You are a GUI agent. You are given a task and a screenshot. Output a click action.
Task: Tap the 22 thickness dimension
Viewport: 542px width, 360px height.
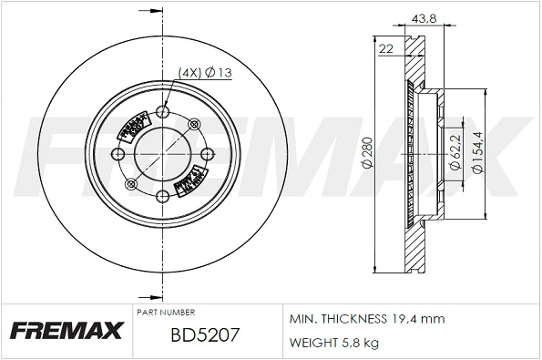point(385,50)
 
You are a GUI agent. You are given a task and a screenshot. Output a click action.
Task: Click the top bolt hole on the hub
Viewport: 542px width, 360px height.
point(164,112)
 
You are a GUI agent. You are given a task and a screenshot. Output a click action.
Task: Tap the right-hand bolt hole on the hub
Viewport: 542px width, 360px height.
point(207,153)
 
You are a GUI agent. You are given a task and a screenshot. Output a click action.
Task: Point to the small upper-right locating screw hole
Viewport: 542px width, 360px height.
point(196,124)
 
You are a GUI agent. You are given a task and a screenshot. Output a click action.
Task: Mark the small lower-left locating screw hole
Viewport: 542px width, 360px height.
point(133,184)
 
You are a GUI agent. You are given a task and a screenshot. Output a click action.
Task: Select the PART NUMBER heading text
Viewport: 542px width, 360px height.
point(167,312)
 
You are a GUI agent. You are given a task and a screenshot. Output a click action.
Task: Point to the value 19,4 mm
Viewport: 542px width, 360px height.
point(419,321)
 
